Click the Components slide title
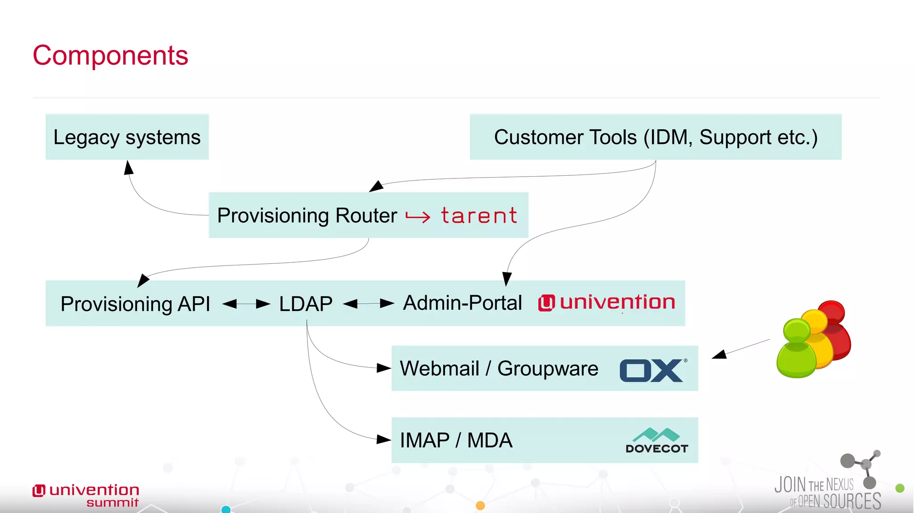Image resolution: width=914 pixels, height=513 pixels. pyautogui.click(x=110, y=56)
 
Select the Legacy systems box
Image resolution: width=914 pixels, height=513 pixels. pyautogui.click(x=127, y=137)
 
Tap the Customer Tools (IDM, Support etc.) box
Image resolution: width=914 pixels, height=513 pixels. pyautogui.click(x=655, y=137)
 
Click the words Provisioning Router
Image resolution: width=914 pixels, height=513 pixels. pyautogui.click(x=307, y=215)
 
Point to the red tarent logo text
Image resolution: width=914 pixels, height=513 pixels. pyautogui.click(x=479, y=216)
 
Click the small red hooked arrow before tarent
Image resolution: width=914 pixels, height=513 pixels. pyautogui.click(x=417, y=217)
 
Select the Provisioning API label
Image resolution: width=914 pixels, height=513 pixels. pyautogui.click(x=135, y=304)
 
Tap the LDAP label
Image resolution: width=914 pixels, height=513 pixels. pyautogui.click(x=306, y=304)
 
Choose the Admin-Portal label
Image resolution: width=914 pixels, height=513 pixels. pyautogui.click(x=462, y=303)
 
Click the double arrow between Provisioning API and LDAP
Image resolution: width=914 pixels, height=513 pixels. pyautogui.click(x=246, y=304)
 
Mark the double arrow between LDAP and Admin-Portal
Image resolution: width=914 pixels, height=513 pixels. pyautogui.click(x=368, y=304)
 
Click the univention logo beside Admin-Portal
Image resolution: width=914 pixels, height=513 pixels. pyautogui.click(x=607, y=302)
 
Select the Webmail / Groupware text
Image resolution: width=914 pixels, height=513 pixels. pyautogui.click(x=499, y=368)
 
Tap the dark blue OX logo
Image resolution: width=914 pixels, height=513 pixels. pyautogui.click(x=652, y=370)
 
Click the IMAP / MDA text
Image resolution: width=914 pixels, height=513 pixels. pyautogui.click(x=456, y=440)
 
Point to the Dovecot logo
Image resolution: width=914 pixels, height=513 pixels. pyautogui.click(x=656, y=441)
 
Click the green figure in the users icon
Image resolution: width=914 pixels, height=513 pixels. pyautogui.click(x=796, y=350)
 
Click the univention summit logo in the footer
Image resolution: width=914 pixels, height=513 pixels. pyautogui.click(x=86, y=495)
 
